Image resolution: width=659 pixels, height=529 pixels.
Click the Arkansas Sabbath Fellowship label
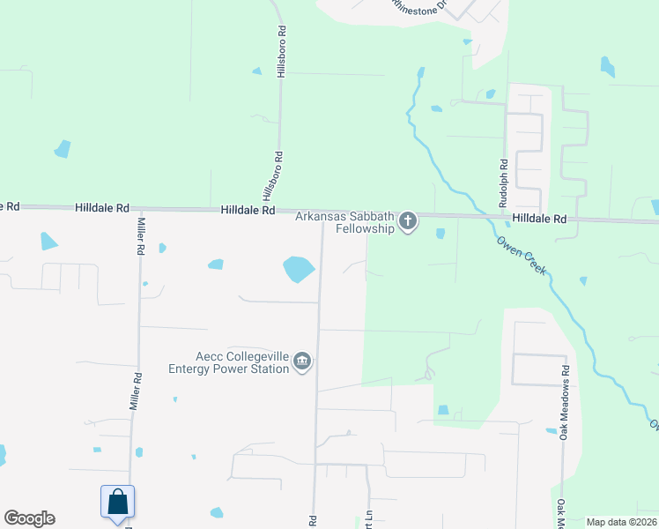point(344,222)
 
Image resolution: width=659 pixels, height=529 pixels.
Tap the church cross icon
point(407,221)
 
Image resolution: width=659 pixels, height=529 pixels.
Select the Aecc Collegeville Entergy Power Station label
point(229,362)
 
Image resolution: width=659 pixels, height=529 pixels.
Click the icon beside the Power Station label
point(302,361)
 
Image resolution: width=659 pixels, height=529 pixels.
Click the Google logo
point(29,518)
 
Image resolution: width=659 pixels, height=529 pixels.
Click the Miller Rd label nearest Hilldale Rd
point(139,237)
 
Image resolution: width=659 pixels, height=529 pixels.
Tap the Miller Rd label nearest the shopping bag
point(136,392)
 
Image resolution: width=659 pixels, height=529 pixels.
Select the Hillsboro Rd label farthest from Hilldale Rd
point(282,52)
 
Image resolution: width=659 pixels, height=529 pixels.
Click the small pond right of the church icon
point(440,234)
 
